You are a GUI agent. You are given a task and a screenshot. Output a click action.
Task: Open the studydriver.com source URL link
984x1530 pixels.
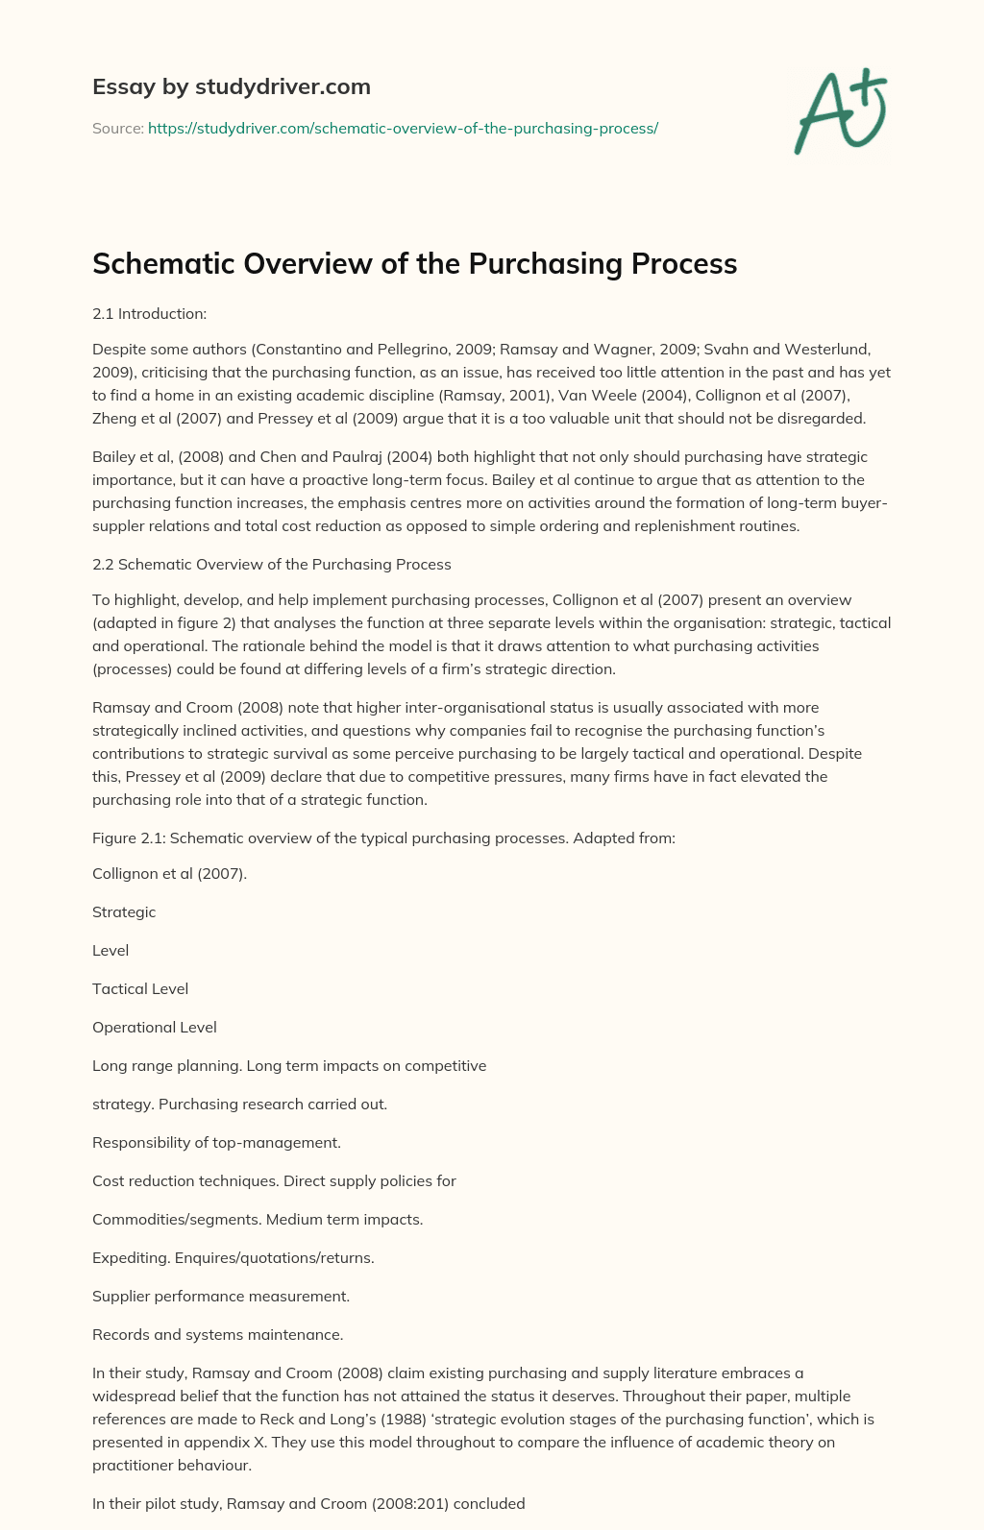[x=403, y=128]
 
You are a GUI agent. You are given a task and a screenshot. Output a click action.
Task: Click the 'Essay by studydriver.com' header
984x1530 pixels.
[x=231, y=86]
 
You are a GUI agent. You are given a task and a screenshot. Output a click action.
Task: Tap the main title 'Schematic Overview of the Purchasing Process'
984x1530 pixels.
[x=414, y=263]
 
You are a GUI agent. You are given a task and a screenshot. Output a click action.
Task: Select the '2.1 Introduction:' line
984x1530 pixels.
[x=149, y=313]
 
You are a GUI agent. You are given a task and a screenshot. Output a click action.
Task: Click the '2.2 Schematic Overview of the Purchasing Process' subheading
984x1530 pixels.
[x=271, y=564]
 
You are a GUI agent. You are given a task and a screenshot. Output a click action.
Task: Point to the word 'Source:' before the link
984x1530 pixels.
[x=117, y=128]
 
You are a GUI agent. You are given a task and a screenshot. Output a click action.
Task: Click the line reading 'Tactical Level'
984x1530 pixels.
[x=140, y=988]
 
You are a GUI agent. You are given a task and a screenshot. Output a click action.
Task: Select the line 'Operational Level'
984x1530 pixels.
[x=155, y=1027]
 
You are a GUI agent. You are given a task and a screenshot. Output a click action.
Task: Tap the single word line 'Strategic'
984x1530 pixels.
[x=124, y=911]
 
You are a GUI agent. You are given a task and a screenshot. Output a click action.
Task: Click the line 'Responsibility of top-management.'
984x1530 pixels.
[x=216, y=1142]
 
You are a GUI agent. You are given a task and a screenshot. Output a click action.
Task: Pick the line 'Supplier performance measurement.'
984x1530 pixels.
[x=221, y=1296]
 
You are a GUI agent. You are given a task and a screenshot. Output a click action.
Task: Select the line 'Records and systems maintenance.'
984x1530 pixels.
[x=217, y=1334]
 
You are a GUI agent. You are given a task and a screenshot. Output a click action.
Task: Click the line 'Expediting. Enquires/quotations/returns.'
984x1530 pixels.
[x=233, y=1257]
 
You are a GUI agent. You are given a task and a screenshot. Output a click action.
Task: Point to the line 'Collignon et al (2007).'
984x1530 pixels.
[x=169, y=873]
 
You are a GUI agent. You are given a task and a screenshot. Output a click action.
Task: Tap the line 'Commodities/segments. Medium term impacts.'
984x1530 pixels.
[x=258, y=1219]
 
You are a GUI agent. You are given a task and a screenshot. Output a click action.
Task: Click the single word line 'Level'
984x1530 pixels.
[x=111, y=950]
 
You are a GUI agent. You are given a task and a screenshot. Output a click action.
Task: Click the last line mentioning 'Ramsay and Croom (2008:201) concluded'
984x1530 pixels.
[x=308, y=1503]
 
